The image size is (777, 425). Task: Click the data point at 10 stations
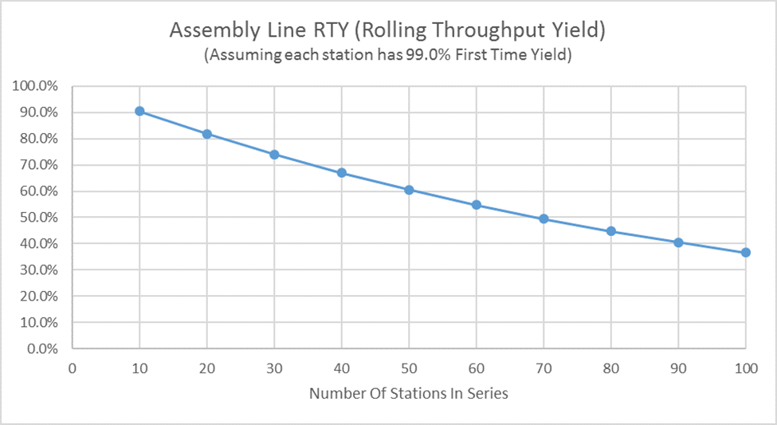139,111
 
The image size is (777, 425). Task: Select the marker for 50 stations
409,190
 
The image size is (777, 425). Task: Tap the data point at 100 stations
746,253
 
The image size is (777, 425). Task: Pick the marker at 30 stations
274,155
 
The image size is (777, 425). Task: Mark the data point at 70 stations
544,218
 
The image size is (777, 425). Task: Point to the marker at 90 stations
678,242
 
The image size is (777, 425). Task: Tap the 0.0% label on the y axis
45,348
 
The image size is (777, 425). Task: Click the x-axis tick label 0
72,368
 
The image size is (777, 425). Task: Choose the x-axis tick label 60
476,368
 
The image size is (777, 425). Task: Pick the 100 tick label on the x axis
745,368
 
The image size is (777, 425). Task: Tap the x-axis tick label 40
341,368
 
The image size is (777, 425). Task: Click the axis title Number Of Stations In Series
408,393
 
